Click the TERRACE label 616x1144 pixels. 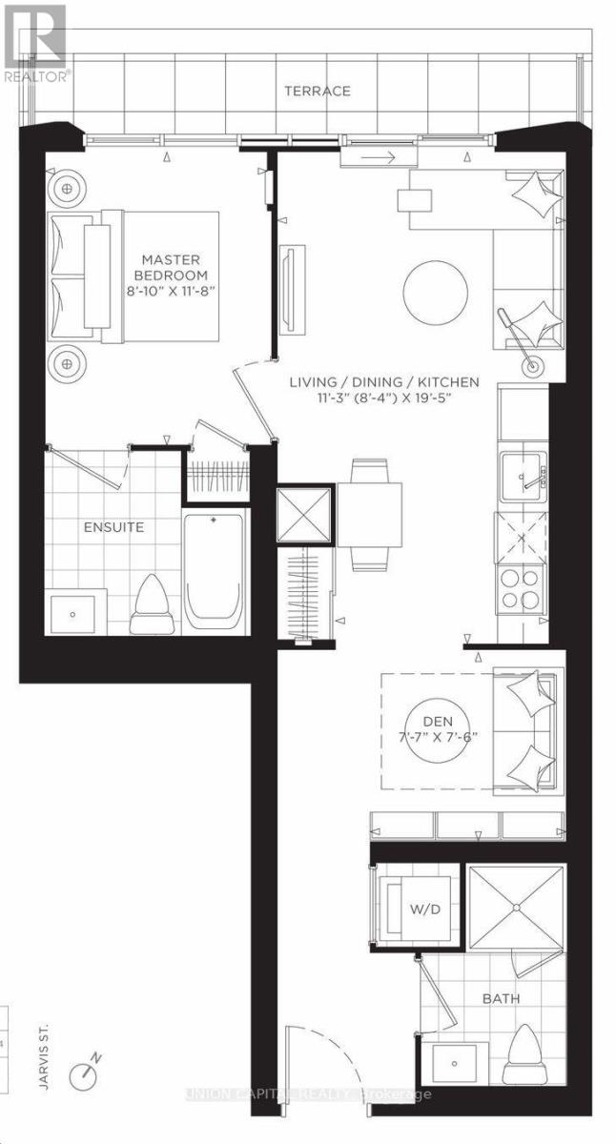317,92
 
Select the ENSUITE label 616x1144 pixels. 113,525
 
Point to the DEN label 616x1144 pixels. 435,721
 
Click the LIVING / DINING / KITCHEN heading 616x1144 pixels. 384,383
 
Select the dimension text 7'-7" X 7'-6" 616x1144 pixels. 435,737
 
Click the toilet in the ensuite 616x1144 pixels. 153,599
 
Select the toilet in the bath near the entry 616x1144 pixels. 526,1048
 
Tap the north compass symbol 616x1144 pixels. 85,1070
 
